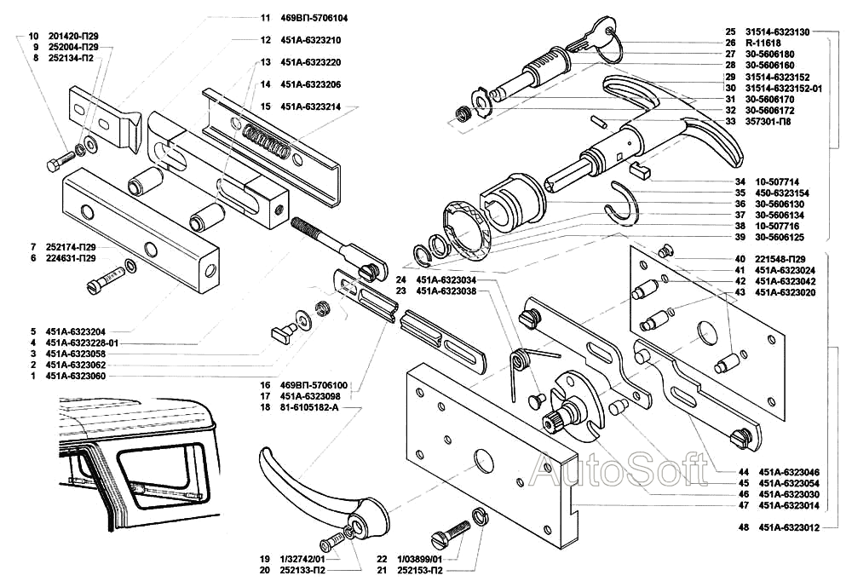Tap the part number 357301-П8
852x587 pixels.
[768, 122]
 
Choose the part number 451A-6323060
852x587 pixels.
[76, 376]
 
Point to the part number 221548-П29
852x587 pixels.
[780, 258]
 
